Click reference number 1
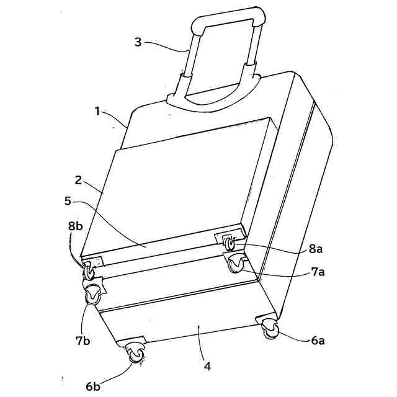[x=97, y=112]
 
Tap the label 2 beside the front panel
[x=79, y=181]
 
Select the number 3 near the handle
[x=138, y=42]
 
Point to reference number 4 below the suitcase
[x=207, y=367]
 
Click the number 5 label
[x=68, y=201]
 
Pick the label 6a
[x=319, y=341]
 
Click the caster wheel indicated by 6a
[x=270, y=329]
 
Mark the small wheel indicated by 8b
[x=89, y=270]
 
